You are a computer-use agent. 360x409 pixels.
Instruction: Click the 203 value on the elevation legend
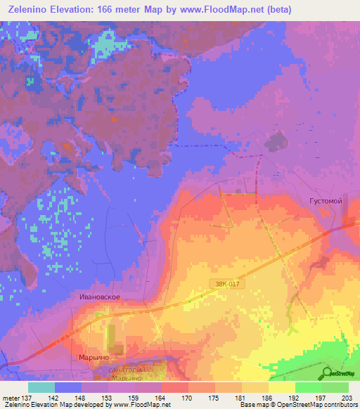click(345, 398)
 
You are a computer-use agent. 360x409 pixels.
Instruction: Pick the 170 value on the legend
click(186, 398)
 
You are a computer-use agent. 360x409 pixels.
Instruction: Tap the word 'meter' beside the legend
click(10, 398)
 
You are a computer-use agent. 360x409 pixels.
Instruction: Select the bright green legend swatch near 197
click(308, 387)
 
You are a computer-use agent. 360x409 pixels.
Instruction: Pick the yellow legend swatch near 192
click(281, 387)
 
